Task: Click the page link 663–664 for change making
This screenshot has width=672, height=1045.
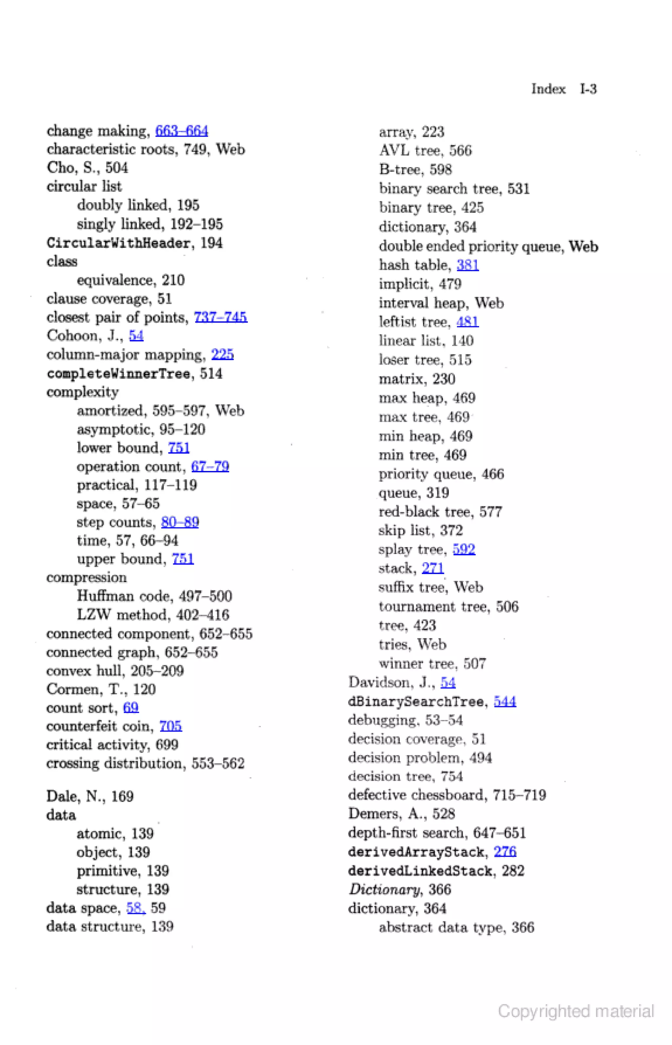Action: coord(181,131)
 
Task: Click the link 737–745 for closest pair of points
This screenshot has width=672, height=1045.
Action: coord(220,317)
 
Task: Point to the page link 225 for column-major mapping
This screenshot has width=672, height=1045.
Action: coord(222,354)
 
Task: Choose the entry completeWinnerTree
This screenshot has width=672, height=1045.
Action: coord(118,373)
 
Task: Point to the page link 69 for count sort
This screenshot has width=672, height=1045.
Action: coord(131,707)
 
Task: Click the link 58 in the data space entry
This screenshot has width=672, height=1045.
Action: coord(135,908)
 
